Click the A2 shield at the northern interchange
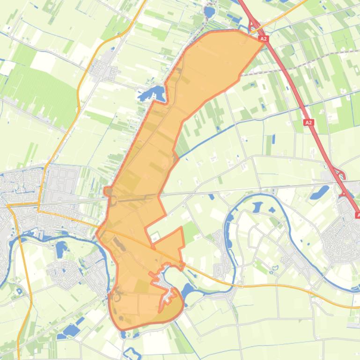pos(264,39)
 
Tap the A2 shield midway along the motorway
pos(308,122)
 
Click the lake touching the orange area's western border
pos(153,94)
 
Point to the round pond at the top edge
pos(209,11)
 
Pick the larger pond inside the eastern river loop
pos(257,207)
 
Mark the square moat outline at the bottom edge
pos(132,353)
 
